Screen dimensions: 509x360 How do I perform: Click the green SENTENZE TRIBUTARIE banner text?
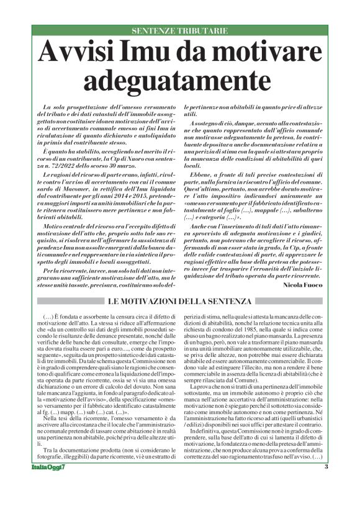[x=180, y=31]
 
